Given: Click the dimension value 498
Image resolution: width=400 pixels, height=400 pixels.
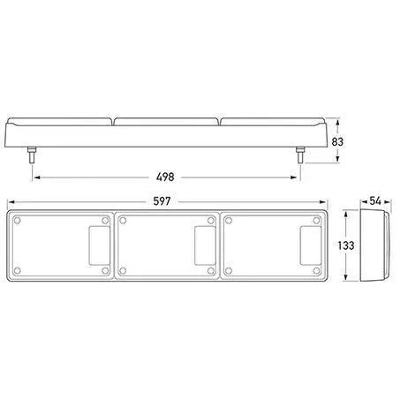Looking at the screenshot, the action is point(165,177).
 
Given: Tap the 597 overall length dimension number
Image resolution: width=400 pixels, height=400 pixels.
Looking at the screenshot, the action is point(162,201).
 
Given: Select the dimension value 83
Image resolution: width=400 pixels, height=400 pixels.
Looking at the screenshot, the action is point(337,142).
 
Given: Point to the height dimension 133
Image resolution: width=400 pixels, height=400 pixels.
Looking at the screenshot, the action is point(346,245).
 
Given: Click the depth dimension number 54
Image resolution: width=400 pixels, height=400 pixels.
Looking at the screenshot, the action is point(375,201).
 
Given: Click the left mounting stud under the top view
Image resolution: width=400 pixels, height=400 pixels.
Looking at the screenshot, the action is point(32,155).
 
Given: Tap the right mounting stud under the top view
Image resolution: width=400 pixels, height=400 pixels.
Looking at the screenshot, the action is point(300,155).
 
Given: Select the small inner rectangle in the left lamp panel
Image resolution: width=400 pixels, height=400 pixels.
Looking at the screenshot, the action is point(100,245).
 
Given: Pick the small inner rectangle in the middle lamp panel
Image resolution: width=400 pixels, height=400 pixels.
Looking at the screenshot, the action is point(205,245).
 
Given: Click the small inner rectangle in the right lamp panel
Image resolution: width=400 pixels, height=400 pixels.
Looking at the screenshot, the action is point(311,245).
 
